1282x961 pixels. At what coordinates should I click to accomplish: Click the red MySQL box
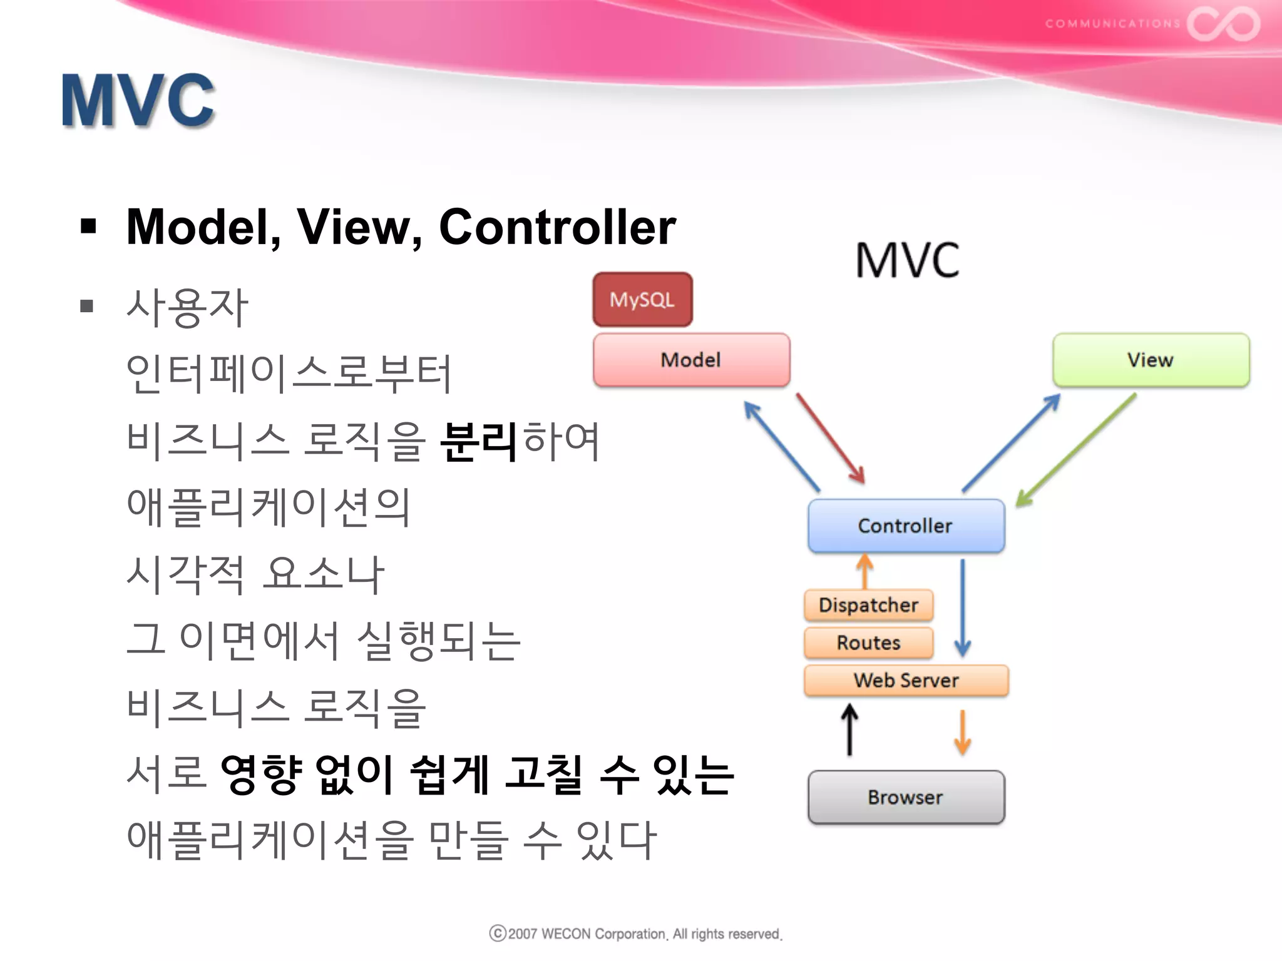click(642, 300)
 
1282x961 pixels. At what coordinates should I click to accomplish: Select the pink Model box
click(691, 360)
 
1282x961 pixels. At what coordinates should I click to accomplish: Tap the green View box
click(1151, 360)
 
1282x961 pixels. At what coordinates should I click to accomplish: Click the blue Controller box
click(906, 526)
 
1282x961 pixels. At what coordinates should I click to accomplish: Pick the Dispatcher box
click(868, 605)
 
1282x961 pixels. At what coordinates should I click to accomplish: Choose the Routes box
click(868, 643)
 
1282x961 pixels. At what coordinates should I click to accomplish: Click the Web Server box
click(906, 680)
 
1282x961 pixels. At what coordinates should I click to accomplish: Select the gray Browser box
click(906, 797)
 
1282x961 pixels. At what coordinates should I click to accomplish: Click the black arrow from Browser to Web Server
click(849, 730)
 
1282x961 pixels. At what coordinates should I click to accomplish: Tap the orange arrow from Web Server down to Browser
click(963, 732)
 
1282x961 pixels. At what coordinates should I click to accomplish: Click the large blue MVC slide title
click(138, 100)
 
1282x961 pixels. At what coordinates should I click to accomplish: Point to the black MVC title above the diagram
click(907, 260)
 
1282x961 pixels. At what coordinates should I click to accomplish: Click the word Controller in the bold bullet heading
click(557, 226)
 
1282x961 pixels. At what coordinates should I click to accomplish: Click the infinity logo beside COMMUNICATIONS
click(1223, 24)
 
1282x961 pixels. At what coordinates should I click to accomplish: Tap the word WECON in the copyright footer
click(566, 934)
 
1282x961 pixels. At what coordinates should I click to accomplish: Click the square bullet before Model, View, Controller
click(88, 226)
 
